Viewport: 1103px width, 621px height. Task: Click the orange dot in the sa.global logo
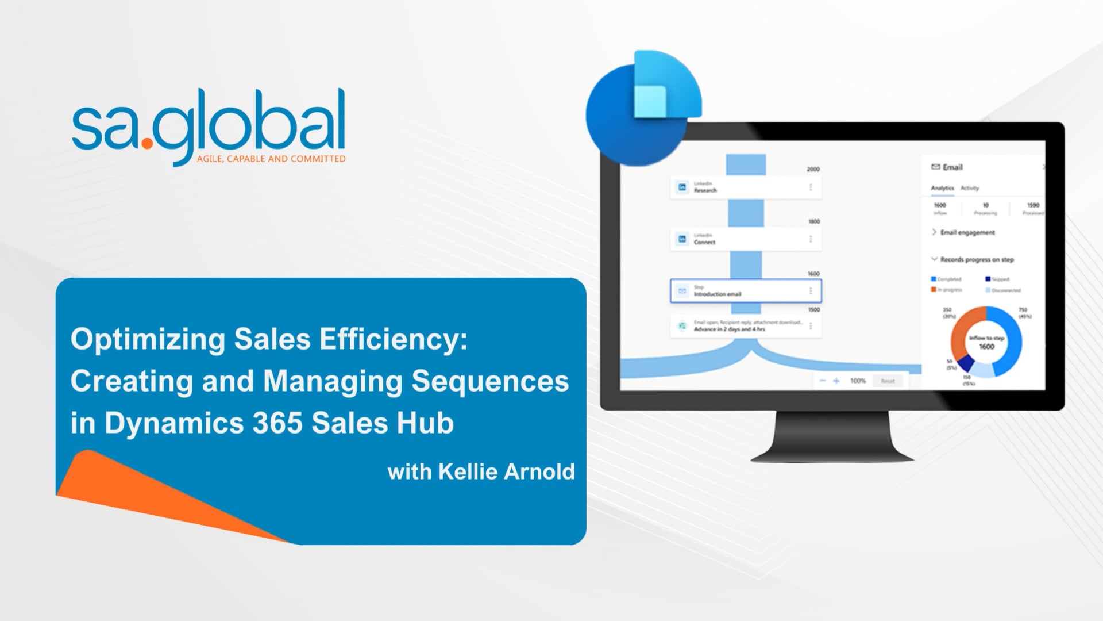click(147, 142)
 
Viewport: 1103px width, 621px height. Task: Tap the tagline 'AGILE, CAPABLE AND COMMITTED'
click(271, 159)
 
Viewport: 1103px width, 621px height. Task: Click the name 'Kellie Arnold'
click(506, 471)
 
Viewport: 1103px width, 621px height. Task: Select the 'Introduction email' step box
click(745, 291)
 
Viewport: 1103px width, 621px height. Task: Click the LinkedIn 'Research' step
click(745, 187)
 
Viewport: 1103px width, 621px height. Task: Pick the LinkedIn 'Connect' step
click(745, 239)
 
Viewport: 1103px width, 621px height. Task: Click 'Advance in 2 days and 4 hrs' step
click(745, 326)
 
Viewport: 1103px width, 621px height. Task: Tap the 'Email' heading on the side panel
click(952, 167)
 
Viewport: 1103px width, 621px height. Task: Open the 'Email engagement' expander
click(967, 232)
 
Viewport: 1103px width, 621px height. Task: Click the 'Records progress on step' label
click(977, 260)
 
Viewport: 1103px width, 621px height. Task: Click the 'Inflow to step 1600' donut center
click(986, 343)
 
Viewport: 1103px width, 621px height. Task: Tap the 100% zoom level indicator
click(858, 381)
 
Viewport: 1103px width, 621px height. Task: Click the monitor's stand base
click(832, 454)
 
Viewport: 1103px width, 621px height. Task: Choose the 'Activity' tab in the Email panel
click(970, 188)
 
